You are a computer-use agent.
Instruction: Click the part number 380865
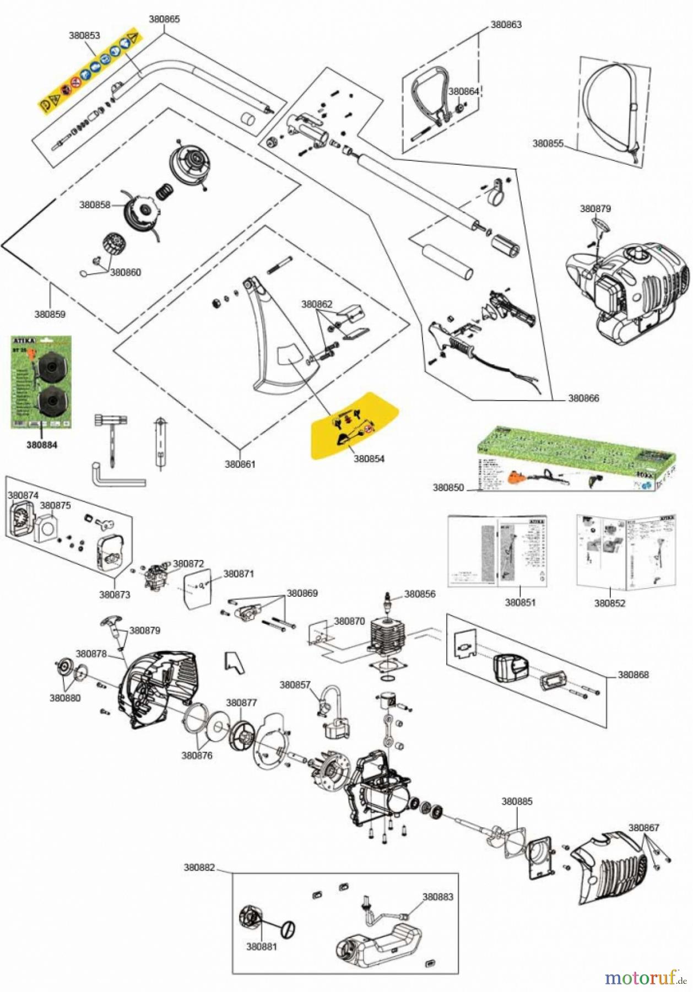(164, 19)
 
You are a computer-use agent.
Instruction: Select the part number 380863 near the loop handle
(506, 24)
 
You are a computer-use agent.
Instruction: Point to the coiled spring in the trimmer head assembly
(165, 192)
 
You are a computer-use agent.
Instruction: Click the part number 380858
(95, 204)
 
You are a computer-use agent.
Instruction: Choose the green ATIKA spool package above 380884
(42, 382)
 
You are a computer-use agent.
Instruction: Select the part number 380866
(583, 398)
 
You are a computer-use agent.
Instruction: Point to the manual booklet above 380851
(497, 551)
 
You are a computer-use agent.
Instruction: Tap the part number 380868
(633, 675)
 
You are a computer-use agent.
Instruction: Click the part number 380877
(241, 703)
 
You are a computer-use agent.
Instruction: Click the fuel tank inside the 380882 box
(380, 946)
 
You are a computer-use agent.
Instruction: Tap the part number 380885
(517, 801)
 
